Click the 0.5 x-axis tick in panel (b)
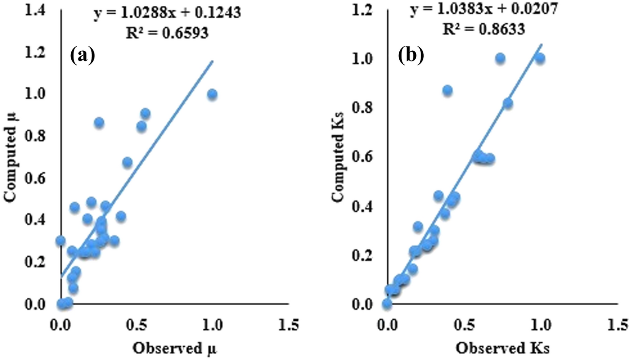tap(463, 324)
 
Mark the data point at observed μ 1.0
tap(212, 94)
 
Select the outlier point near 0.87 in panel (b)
tap(447, 90)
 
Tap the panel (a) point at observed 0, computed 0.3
tap(61, 241)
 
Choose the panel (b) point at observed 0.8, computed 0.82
tap(508, 103)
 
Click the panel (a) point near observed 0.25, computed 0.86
tap(99, 122)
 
